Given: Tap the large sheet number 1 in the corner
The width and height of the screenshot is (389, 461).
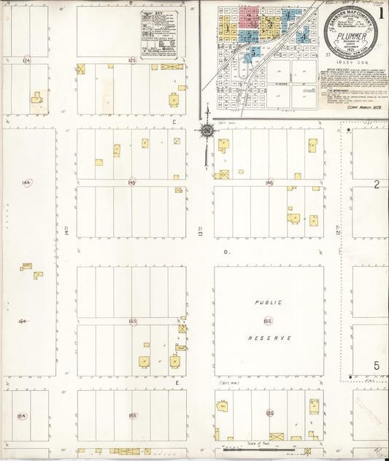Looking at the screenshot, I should (x=381, y=12).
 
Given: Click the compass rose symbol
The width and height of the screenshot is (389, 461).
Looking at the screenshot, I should (x=207, y=131).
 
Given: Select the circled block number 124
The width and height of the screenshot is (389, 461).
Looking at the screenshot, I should (x=27, y=60).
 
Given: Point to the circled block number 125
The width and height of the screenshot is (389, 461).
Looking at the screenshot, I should (x=132, y=60).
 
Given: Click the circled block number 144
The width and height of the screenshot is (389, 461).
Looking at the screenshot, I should (x=27, y=182).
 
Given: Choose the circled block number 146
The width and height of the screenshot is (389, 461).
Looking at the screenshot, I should (x=269, y=182).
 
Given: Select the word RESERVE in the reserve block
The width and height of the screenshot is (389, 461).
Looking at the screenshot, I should (x=269, y=338).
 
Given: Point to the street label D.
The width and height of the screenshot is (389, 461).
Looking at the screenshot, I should (x=227, y=252).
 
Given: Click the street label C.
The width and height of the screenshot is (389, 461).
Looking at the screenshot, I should (x=174, y=123).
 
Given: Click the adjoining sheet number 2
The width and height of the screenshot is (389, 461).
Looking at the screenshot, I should (x=377, y=185).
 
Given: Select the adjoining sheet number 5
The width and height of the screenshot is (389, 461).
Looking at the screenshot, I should (x=377, y=365).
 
